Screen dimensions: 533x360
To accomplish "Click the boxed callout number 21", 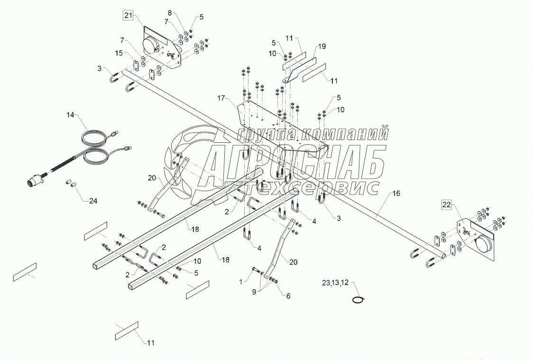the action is (x=128, y=16).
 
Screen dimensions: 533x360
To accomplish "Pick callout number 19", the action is (x=322, y=46).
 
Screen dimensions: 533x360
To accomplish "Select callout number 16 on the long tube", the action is (x=396, y=194).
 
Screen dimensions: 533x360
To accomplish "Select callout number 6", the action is (x=288, y=295).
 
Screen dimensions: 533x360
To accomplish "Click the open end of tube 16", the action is (x=443, y=255).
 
